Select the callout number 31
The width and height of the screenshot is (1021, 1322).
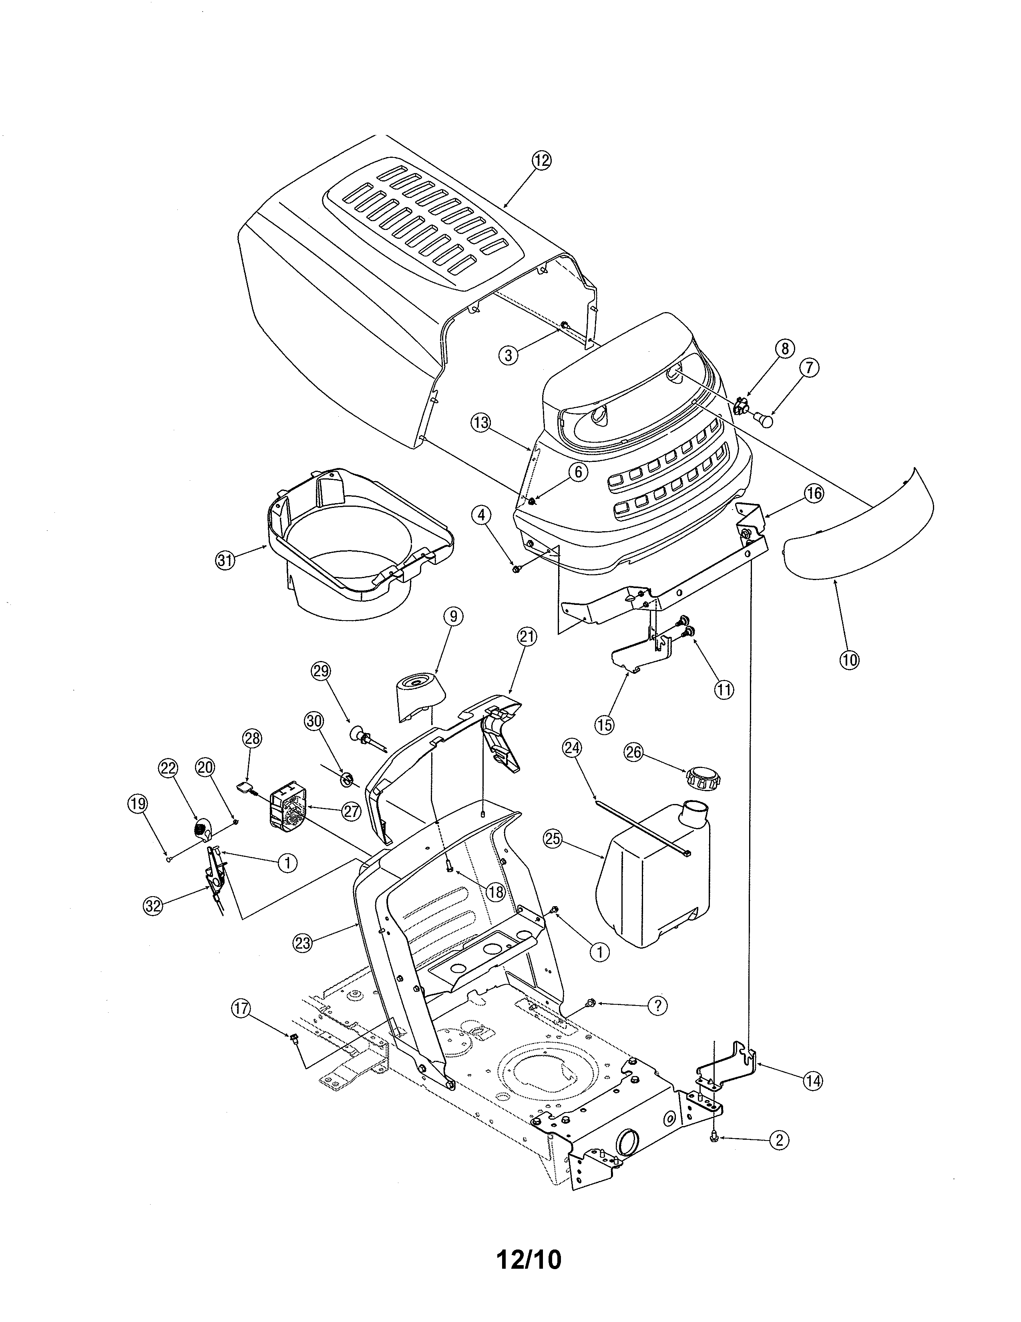click(225, 560)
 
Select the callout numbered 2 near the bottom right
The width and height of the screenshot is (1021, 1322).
click(779, 1141)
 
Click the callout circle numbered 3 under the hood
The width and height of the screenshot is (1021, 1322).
click(508, 356)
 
